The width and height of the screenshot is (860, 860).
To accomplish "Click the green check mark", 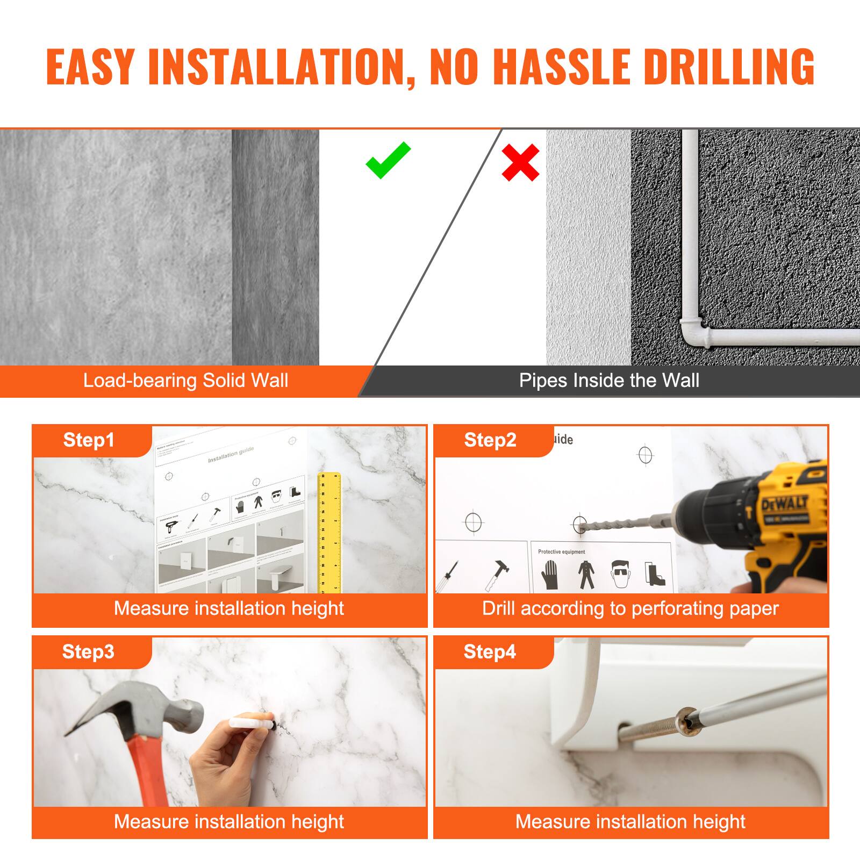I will (x=388, y=161).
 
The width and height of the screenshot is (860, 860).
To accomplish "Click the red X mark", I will (x=520, y=162).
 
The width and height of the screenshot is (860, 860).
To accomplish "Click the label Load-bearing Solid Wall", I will (x=185, y=381).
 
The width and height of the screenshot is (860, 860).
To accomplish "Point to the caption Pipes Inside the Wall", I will (x=609, y=381).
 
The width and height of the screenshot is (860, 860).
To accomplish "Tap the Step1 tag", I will (x=89, y=440).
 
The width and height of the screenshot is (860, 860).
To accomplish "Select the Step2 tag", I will (x=490, y=440).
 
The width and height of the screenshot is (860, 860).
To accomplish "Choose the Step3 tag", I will (x=88, y=651).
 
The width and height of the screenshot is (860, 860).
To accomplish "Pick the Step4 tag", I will (x=489, y=651).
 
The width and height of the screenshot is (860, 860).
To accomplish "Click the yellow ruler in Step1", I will (x=329, y=532).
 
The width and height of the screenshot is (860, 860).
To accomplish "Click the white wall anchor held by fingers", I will (x=247, y=721).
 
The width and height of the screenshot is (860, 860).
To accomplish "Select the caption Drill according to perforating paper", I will (x=630, y=608).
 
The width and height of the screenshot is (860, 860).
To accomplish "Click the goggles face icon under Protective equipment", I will (x=620, y=574).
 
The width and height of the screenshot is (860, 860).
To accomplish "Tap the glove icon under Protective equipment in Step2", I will (x=549, y=574).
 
